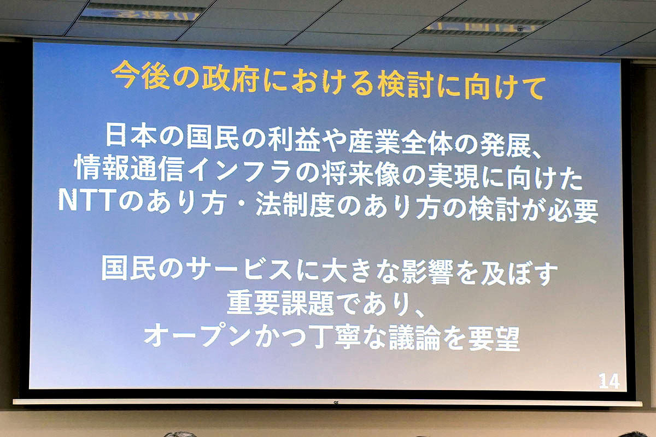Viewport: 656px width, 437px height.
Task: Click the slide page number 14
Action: (609, 381)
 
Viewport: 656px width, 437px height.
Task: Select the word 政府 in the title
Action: (231, 79)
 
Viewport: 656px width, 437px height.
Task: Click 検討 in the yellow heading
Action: (405, 84)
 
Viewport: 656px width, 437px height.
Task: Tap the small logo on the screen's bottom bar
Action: (336, 403)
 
